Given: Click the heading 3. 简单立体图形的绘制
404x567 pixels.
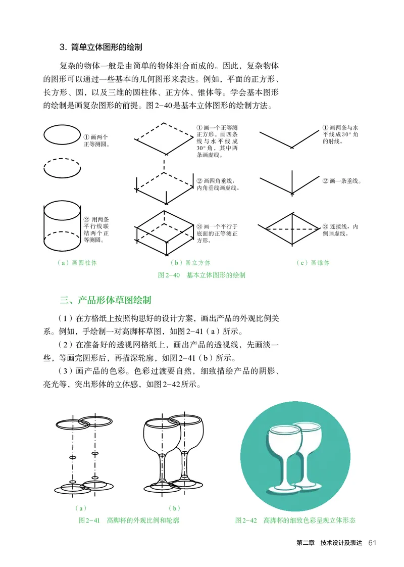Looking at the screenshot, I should (x=101, y=48).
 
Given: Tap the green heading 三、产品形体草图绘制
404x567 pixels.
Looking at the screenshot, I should (x=105, y=300).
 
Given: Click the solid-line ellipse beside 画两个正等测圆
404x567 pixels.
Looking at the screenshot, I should (x=62, y=136).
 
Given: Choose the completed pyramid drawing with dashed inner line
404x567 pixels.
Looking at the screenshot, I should (x=291, y=228).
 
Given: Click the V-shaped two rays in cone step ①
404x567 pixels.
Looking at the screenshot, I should (x=291, y=138).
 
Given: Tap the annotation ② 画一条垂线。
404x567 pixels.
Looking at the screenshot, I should (x=342, y=181).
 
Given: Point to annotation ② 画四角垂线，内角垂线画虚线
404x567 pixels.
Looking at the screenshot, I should (x=217, y=184).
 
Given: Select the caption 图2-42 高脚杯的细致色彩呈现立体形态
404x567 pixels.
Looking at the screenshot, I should (x=295, y=520).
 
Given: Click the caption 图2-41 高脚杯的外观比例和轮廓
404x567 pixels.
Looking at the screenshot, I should (x=128, y=520).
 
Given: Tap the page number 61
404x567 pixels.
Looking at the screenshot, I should (x=373, y=543).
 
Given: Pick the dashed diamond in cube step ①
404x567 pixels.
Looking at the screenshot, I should (x=164, y=138).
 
